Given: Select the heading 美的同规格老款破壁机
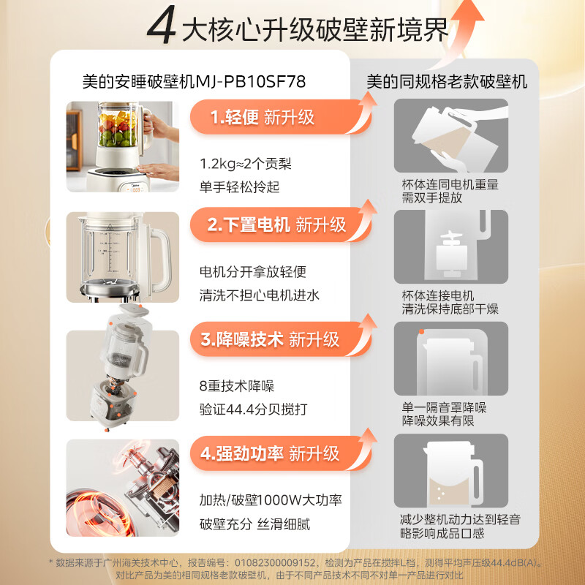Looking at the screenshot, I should pos(447,81).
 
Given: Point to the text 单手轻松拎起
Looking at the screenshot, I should pos(240,187).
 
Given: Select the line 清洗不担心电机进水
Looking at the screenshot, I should pos(259,295).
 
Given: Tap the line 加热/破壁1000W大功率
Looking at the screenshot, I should pos(271,501).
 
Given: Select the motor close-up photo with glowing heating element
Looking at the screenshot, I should pos(123,486).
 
